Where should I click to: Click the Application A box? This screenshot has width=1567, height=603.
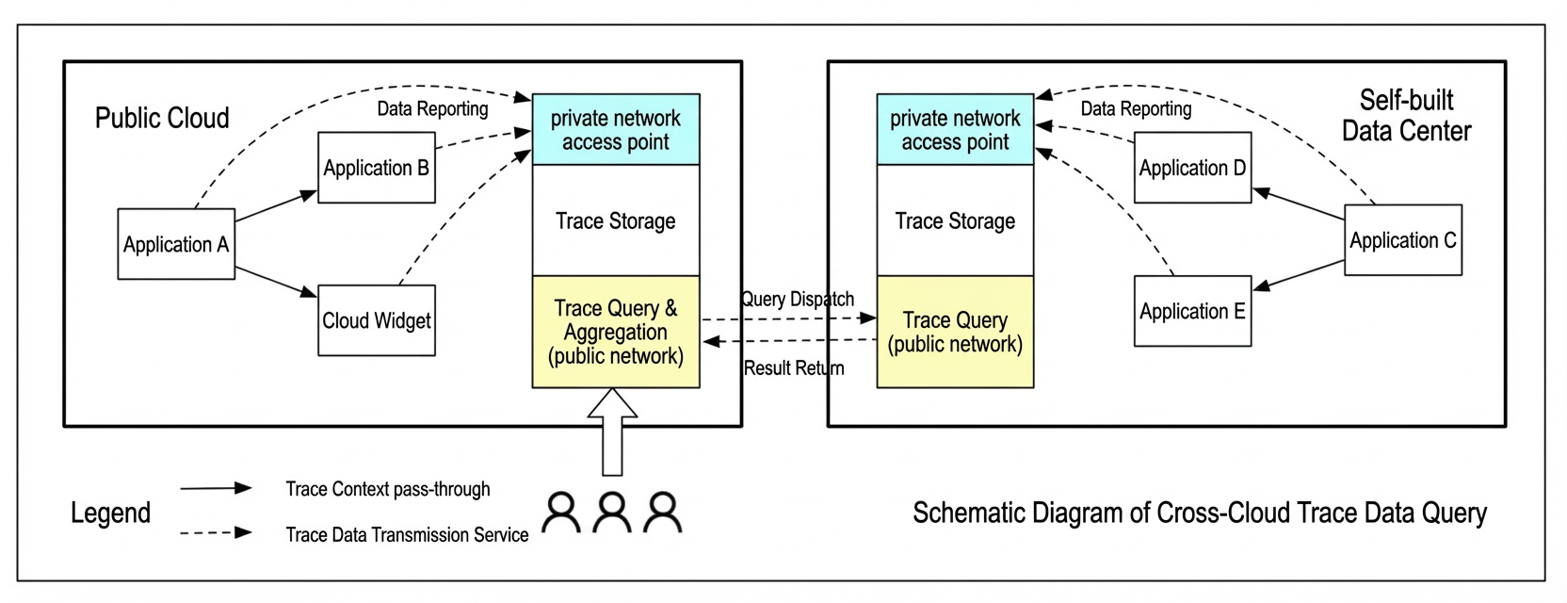click(176, 244)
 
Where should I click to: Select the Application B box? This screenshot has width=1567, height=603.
click(377, 168)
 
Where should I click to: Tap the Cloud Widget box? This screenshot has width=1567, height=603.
click(377, 320)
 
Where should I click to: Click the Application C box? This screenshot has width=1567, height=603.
click(1402, 240)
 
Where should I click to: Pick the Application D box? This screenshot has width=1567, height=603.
click(1193, 168)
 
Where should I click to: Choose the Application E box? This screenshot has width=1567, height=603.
click(1193, 311)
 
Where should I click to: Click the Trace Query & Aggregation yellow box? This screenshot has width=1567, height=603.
click(616, 332)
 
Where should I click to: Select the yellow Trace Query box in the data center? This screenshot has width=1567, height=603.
click(955, 332)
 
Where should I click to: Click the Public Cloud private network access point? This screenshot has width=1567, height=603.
click(616, 129)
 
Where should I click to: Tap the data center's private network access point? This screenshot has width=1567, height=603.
click(955, 129)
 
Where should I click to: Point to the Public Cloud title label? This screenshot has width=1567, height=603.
click(162, 118)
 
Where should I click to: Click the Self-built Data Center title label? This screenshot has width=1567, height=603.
click(1406, 116)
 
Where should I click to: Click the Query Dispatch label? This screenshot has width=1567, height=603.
click(798, 300)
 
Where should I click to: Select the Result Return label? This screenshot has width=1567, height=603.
click(794, 368)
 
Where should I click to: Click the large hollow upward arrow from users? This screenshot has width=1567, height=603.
click(612, 432)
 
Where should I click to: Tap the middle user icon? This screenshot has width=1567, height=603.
click(612, 513)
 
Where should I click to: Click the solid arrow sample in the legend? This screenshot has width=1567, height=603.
click(217, 488)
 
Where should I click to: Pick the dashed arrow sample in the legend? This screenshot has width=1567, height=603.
click(217, 533)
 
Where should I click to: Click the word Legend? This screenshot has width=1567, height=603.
click(110, 513)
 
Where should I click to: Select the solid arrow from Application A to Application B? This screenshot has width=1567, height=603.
click(276, 206)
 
